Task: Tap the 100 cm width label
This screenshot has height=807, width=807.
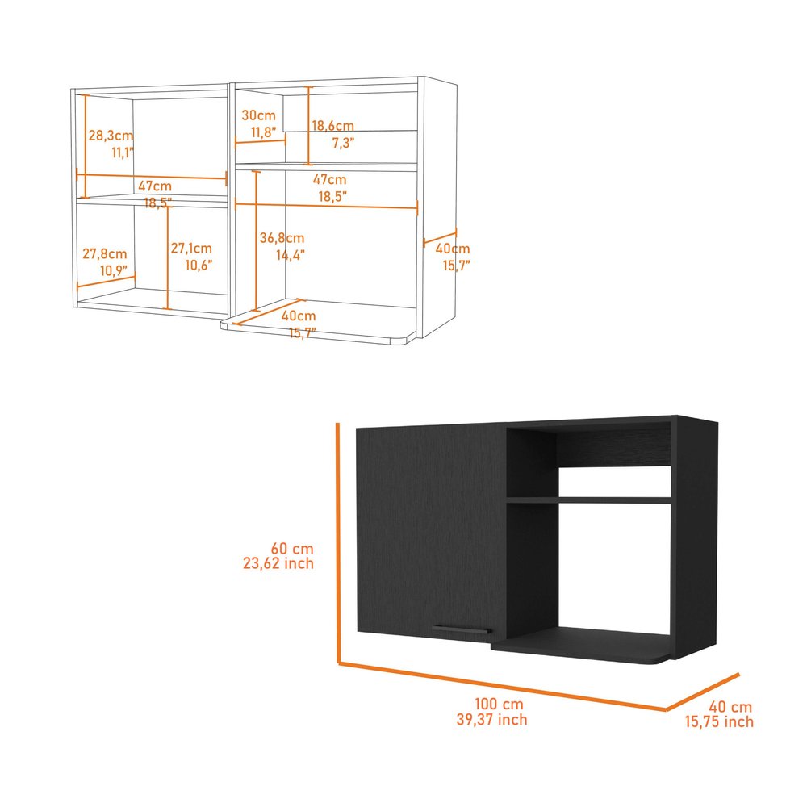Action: coord(491,703)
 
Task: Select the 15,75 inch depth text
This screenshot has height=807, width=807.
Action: coord(717,721)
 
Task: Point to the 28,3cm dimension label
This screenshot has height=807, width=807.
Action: coord(111,135)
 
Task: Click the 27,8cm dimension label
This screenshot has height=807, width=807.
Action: coord(105,253)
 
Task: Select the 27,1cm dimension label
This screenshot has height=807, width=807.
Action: coord(191,249)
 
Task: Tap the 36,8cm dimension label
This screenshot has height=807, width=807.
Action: coord(282,237)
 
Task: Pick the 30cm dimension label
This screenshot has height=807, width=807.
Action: coord(258,115)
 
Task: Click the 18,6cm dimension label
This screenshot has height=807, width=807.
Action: coord(333,126)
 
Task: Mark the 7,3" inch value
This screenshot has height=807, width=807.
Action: coord(343,143)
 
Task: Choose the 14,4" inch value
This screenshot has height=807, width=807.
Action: coord(291,254)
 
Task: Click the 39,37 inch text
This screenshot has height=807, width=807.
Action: coord(491,719)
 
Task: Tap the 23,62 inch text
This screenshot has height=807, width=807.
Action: coord(278,563)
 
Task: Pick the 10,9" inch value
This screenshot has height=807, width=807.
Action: coord(112,270)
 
